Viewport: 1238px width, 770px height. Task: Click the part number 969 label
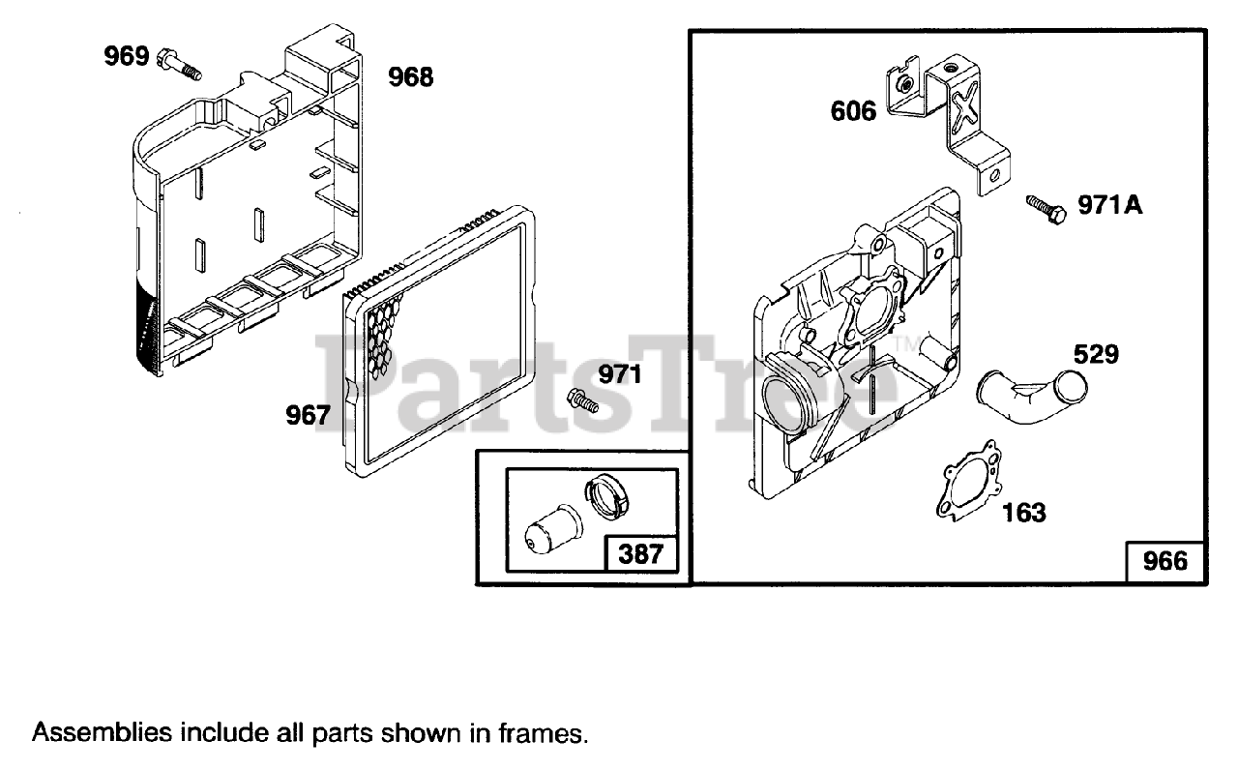coord(126,57)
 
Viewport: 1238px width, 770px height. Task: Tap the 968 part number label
coord(411,77)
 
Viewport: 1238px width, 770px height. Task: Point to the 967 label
coord(308,415)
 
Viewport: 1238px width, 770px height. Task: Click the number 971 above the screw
coord(620,374)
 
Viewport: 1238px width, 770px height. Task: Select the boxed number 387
coord(640,554)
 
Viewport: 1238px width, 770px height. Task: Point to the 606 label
coord(853,112)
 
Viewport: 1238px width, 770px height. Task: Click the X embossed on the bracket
coord(964,107)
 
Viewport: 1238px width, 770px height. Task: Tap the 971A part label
coord(1110,206)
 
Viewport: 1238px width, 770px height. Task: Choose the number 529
coord(1095,355)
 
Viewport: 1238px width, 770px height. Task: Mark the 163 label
coord(1022,512)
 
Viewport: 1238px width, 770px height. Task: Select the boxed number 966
coord(1164,560)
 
